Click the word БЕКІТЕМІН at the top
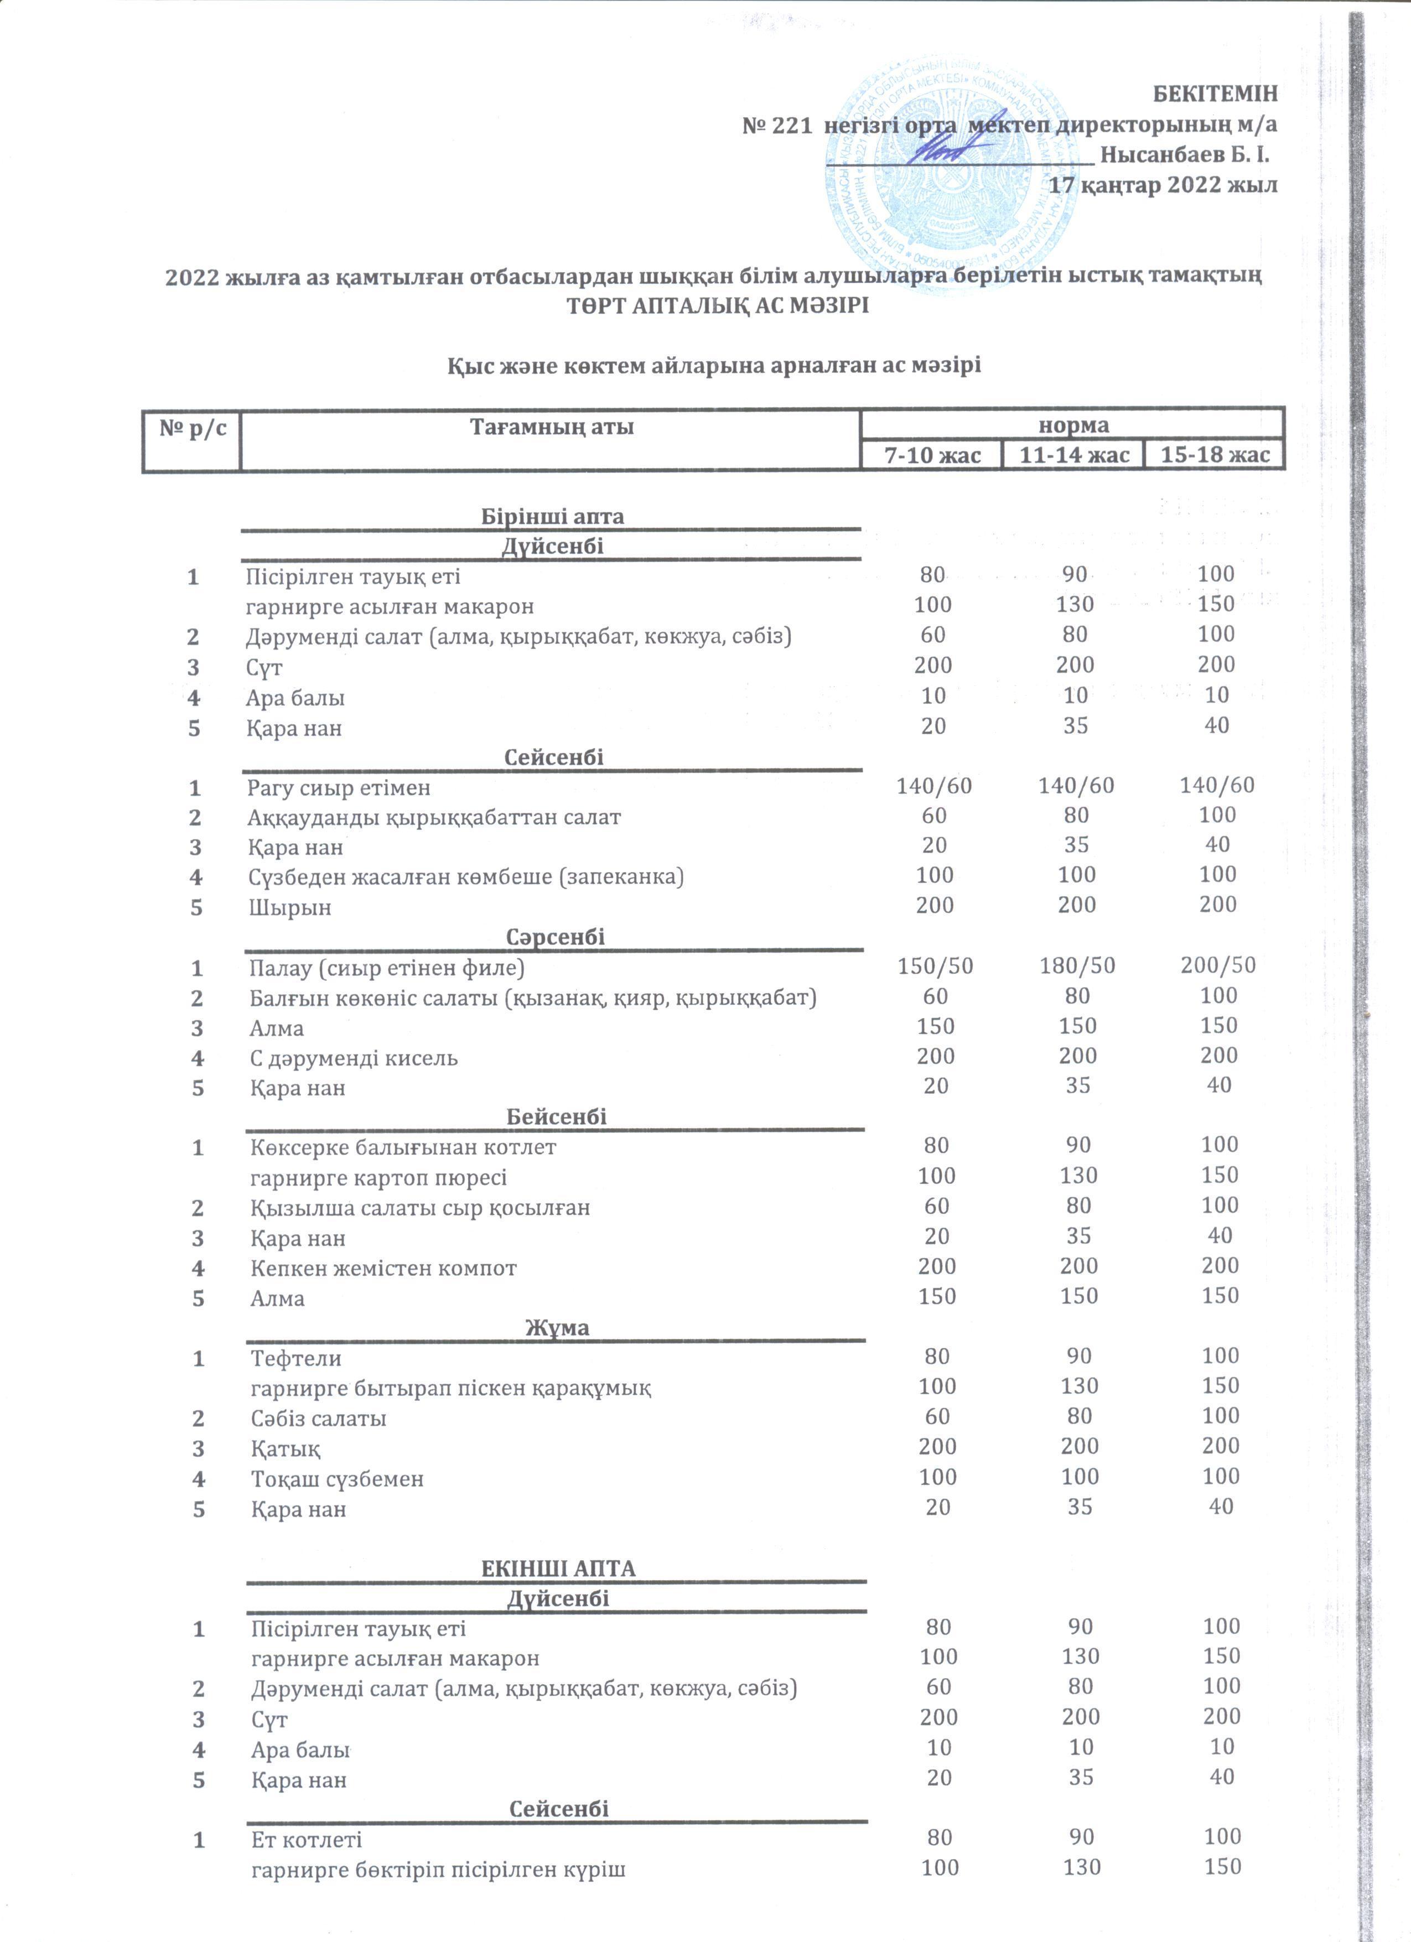(x=1215, y=94)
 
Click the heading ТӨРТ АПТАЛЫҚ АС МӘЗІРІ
(x=718, y=305)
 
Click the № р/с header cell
(x=193, y=427)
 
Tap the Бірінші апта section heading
(x=552, y=516)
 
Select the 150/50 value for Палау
(x=935, y=966)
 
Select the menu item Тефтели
(x=296, y=1359)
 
